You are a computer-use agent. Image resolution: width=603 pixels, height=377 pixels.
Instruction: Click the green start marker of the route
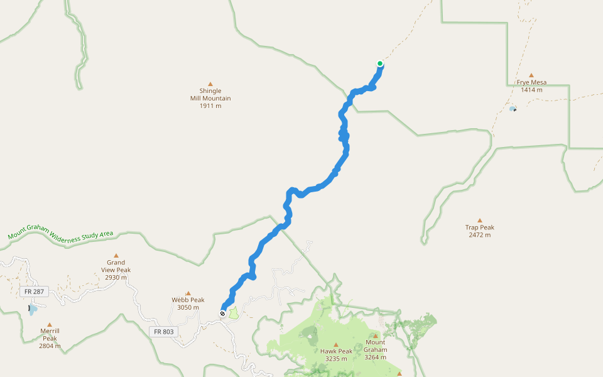(380, 63)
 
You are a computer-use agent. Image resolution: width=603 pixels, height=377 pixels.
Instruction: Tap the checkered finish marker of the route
(222, 313)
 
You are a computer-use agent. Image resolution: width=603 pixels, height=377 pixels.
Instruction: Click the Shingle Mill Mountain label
(210, 99)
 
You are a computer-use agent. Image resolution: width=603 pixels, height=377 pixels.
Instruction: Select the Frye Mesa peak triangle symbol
(531, 75)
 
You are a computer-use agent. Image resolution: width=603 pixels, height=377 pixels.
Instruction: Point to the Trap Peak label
(480, 231)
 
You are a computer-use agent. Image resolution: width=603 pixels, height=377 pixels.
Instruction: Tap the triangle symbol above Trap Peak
(480, 220)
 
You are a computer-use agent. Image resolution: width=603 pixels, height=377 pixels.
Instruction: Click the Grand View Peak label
(116, 270)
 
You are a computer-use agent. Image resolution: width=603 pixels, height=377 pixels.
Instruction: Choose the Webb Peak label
(188, 303)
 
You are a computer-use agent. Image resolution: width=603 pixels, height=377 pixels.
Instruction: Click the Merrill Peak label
(50, 338)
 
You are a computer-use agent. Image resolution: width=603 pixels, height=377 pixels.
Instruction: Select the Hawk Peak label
(335, 355)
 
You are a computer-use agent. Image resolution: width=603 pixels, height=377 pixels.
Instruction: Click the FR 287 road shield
(30, 292)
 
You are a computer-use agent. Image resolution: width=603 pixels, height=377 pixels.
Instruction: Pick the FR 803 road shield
(163, 331)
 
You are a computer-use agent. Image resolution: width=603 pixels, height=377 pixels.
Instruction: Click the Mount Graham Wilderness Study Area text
(60, 236)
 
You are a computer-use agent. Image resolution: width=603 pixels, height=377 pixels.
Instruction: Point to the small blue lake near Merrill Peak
(33, 309)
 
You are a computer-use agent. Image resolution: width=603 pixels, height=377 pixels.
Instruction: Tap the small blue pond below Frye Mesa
(513, 109)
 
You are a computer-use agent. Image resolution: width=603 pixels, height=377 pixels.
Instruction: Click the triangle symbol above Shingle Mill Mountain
(210, 84)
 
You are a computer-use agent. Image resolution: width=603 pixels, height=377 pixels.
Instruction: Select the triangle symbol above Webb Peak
(188, 293)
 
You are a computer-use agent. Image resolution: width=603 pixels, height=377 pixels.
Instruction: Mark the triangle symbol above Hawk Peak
(335, 344)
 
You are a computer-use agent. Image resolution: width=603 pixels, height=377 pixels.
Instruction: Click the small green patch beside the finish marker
(233, 312)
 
